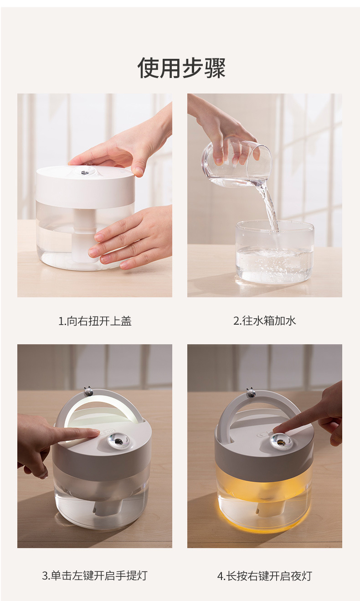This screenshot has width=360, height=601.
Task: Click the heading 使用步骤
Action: click(181, 68)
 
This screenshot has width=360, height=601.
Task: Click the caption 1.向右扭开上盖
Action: click(95, 321)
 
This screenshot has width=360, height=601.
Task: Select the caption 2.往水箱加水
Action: click(264, 321)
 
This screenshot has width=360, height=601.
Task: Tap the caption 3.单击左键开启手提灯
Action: click(95, 575)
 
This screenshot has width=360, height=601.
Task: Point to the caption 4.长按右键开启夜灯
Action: click(264, 575)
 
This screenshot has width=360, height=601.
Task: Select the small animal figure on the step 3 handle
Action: click(88, 391)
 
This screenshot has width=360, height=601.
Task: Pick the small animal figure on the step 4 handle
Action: click(251, 392)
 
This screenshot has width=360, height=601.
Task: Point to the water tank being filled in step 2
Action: click(274, 253)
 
